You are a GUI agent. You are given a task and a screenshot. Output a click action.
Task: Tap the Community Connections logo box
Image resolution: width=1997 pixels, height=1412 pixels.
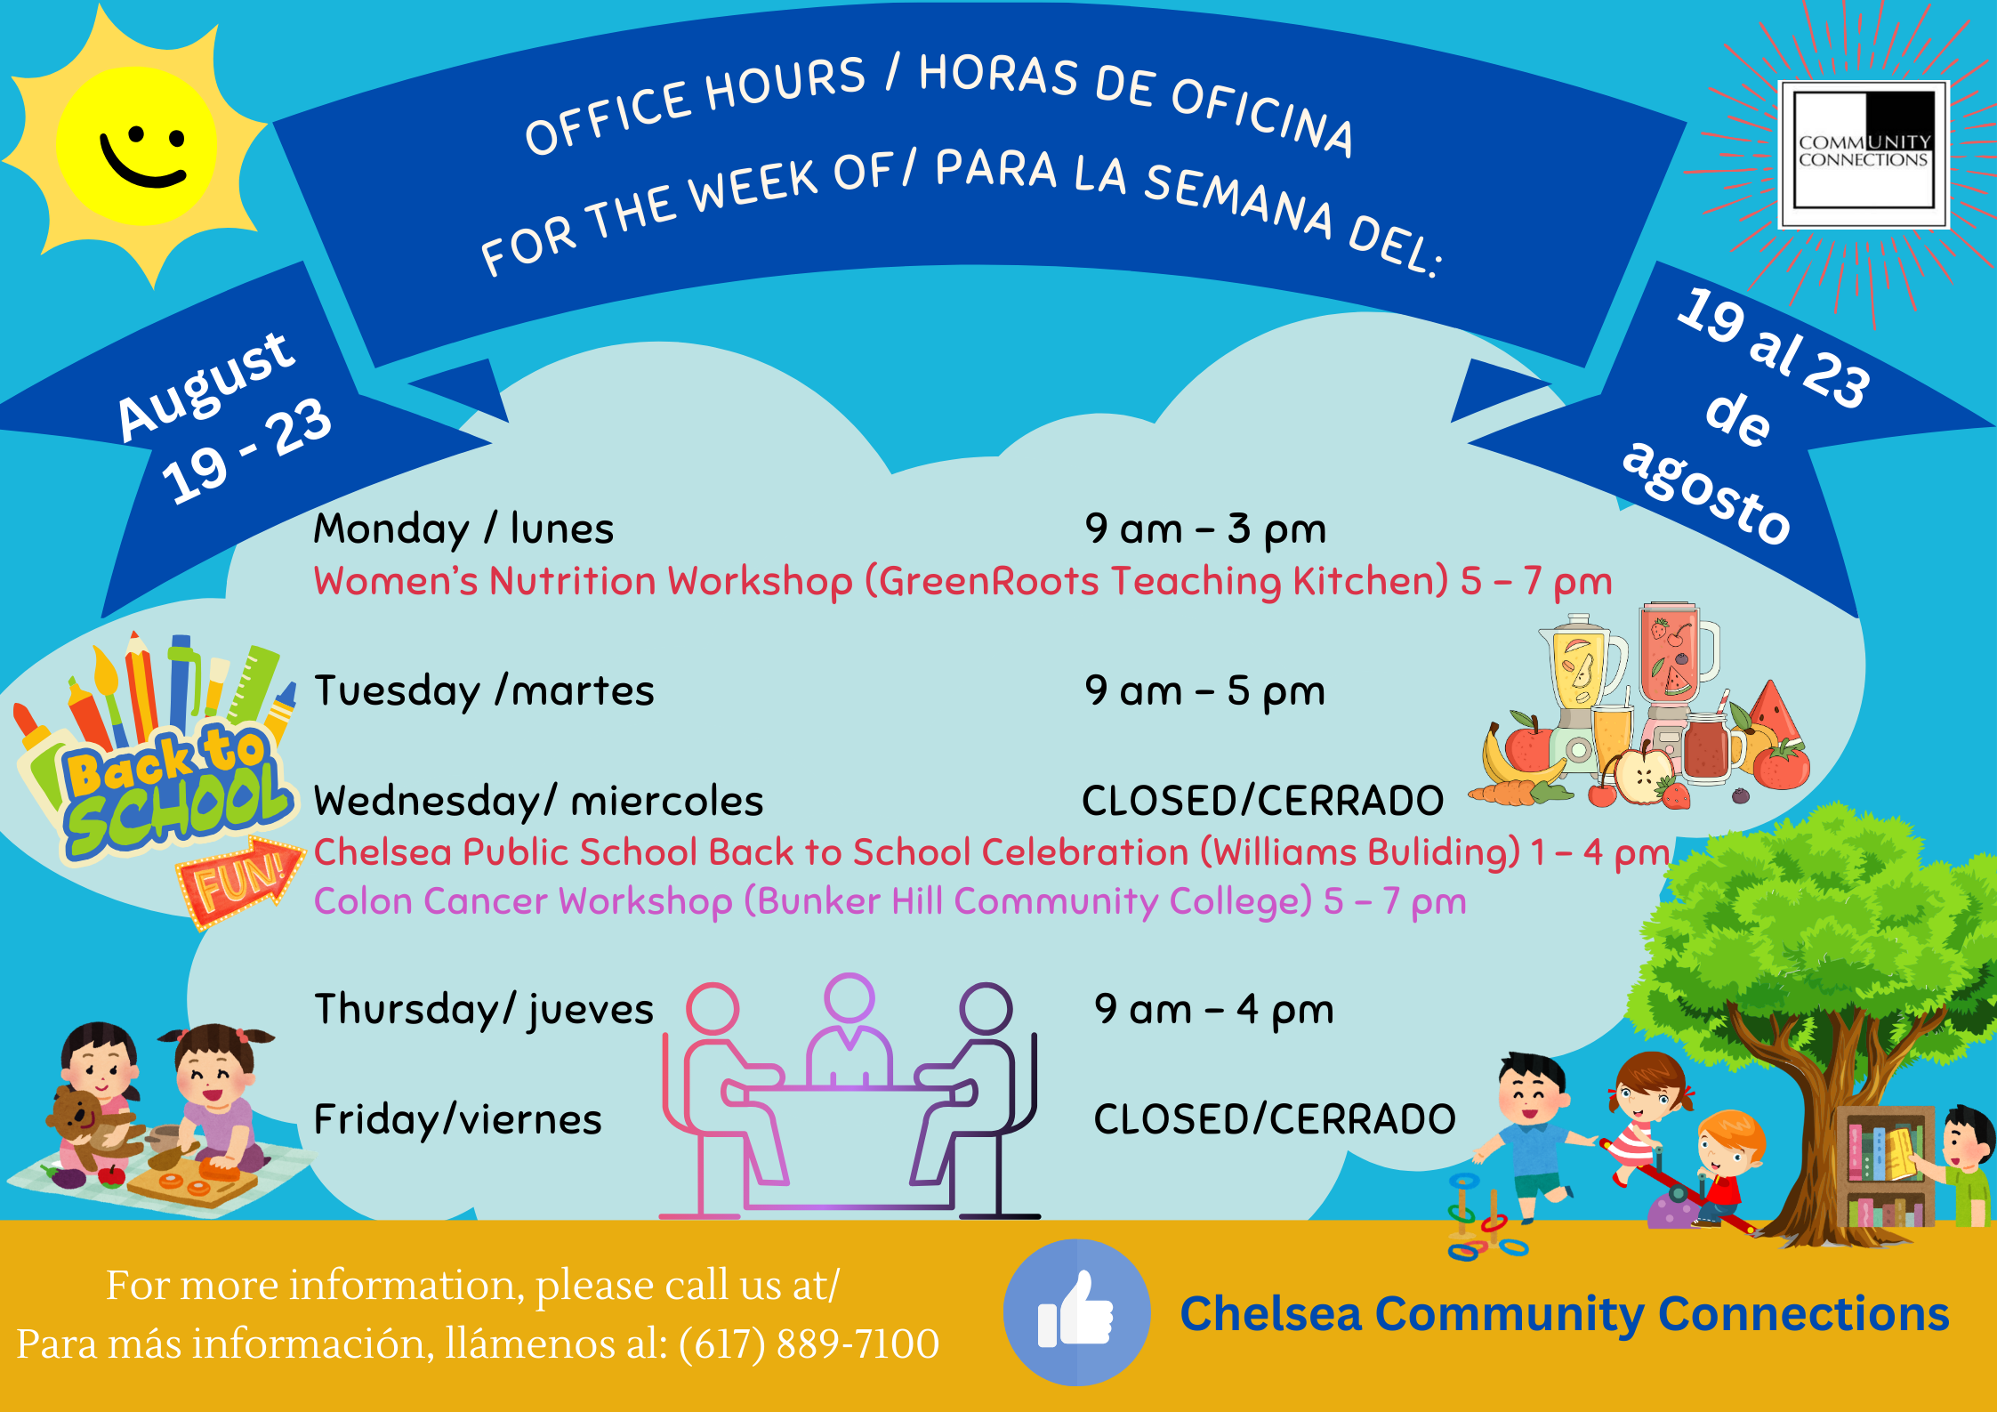1864,155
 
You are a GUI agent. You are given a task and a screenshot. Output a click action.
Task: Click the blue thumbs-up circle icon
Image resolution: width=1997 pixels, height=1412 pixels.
1076,1311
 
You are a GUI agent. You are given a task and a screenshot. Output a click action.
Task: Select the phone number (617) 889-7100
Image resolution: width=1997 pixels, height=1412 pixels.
809,1343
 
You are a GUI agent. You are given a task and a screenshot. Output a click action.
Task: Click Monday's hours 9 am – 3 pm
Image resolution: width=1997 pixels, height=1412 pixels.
1205,529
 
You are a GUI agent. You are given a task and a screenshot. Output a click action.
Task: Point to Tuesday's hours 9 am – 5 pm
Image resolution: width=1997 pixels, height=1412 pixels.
1205,691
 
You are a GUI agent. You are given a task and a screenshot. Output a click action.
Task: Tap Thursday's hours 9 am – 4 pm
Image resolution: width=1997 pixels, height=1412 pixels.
1214,1010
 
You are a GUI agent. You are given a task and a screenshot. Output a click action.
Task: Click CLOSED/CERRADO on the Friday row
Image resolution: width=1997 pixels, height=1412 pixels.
1275,1119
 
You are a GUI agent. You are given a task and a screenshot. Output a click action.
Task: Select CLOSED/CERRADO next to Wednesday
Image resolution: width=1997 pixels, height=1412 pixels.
1263,801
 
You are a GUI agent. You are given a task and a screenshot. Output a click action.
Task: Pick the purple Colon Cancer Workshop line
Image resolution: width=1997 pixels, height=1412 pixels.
890,902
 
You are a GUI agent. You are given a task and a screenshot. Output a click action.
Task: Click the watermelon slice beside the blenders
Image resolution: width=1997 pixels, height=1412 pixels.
1776,712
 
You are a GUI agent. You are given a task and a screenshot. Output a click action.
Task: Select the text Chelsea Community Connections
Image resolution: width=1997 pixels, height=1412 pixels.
1565,1314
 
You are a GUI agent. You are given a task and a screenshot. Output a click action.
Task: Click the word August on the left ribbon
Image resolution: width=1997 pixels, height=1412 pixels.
206,385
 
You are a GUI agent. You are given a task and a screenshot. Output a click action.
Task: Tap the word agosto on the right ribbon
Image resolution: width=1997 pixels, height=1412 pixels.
1706,492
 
